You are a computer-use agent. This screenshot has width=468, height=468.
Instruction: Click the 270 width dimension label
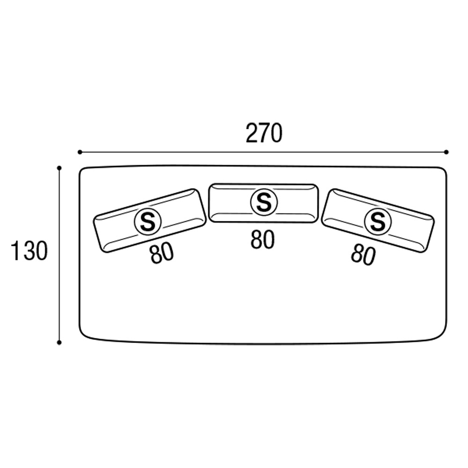coord(264,133)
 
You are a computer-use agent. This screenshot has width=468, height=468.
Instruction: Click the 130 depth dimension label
coord(29,251)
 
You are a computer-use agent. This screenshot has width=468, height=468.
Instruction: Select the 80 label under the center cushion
coord(263,239)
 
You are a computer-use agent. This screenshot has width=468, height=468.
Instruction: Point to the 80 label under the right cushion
coord(363,255)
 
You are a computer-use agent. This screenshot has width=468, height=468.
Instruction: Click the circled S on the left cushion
coord(148,222)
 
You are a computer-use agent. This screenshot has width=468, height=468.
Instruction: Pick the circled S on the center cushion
coord(264,202)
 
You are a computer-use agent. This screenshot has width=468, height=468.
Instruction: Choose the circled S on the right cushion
coord(378,222)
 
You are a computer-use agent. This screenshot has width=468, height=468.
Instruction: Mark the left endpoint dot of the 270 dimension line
coord(80,152)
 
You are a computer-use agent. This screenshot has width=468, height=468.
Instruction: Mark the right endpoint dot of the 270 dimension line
coord(446,152)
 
